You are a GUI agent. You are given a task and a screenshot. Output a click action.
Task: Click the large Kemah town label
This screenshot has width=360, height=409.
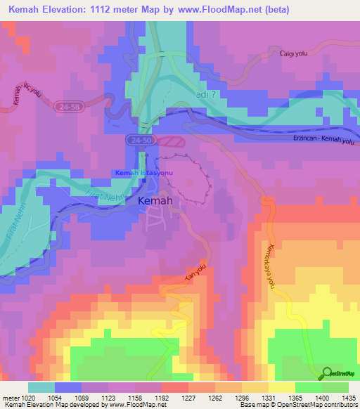[156, 201]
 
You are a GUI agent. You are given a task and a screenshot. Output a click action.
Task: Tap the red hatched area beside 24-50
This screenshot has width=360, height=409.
[170, 141]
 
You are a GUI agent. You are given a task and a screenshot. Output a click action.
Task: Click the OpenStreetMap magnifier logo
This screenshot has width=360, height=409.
[328, 374]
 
